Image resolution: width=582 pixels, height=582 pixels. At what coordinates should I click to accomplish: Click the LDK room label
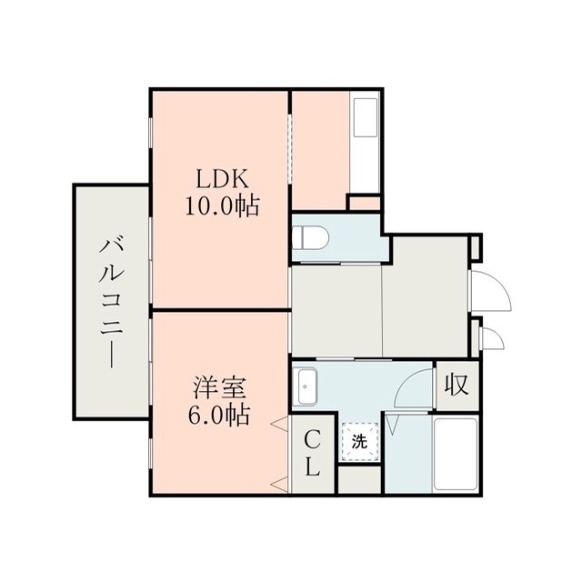coord(222,180)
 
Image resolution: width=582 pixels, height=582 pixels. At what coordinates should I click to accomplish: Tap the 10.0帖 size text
coord(222,206)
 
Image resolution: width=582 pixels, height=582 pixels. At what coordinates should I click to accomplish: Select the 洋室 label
coord(218,389)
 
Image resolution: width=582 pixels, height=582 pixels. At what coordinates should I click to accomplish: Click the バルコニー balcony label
coord(112,303)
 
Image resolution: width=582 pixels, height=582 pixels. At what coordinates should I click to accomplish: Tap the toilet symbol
coord(310,237)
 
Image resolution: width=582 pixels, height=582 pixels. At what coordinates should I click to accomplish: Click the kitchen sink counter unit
coord(366,142)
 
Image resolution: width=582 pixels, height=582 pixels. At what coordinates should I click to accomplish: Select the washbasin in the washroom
coord(305,386)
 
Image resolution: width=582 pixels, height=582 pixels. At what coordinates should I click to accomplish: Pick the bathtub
coord(456,455)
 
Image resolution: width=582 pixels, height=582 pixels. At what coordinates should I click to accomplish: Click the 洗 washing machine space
coord(360,442)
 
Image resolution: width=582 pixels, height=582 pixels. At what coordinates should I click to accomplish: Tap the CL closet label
coord(313,453)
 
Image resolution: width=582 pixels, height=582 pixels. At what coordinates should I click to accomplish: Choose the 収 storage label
coord(457,385)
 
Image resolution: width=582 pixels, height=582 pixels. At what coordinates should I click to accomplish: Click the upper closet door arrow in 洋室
coord(280,424)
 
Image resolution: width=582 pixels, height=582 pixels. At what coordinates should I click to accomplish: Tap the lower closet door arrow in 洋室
coord(280,484)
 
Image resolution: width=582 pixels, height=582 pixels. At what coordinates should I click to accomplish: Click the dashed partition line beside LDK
coord(290,149)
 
